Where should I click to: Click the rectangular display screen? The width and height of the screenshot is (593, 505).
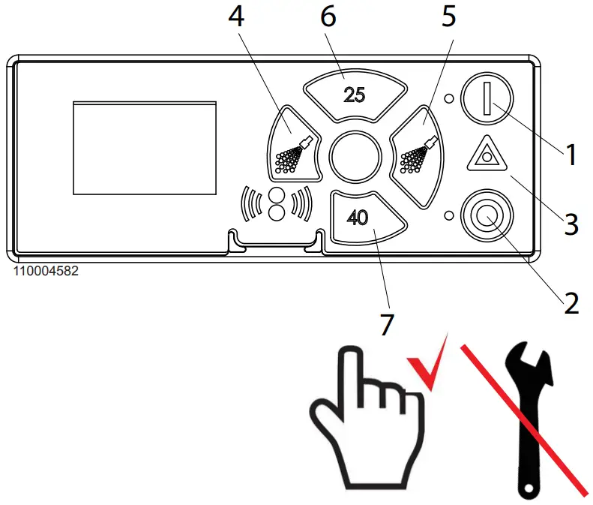(144, 147)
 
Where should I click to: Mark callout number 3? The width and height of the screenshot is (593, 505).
(571, 224)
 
